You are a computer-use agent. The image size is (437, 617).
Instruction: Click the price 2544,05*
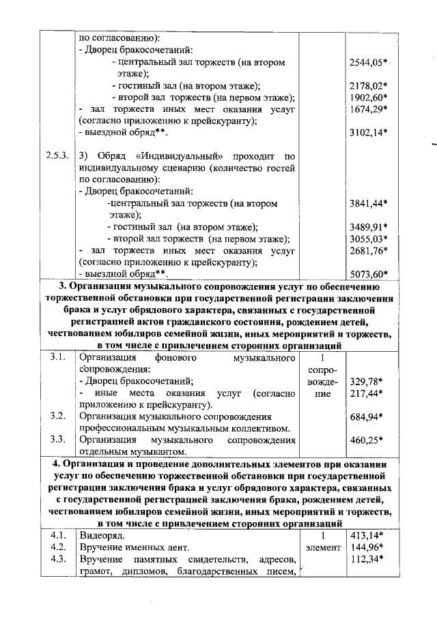coord(369,62)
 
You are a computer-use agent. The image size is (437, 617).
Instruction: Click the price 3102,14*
coord(369,133)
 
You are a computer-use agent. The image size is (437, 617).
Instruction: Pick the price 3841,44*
coord(369,203)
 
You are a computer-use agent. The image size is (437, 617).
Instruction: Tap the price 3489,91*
coord(369,226)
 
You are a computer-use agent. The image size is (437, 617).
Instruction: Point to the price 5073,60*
coord(369,274)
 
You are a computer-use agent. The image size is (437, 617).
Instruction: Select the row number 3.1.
coord(57,357)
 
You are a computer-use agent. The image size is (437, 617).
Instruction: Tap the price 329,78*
coord(365,381)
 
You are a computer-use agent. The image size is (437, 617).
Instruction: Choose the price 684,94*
coord(365,417)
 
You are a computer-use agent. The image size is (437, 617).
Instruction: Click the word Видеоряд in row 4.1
coord(101,535)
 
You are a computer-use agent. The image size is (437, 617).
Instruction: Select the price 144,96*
coord(365,547)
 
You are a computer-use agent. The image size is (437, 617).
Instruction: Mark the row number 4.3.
coord(57,559)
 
